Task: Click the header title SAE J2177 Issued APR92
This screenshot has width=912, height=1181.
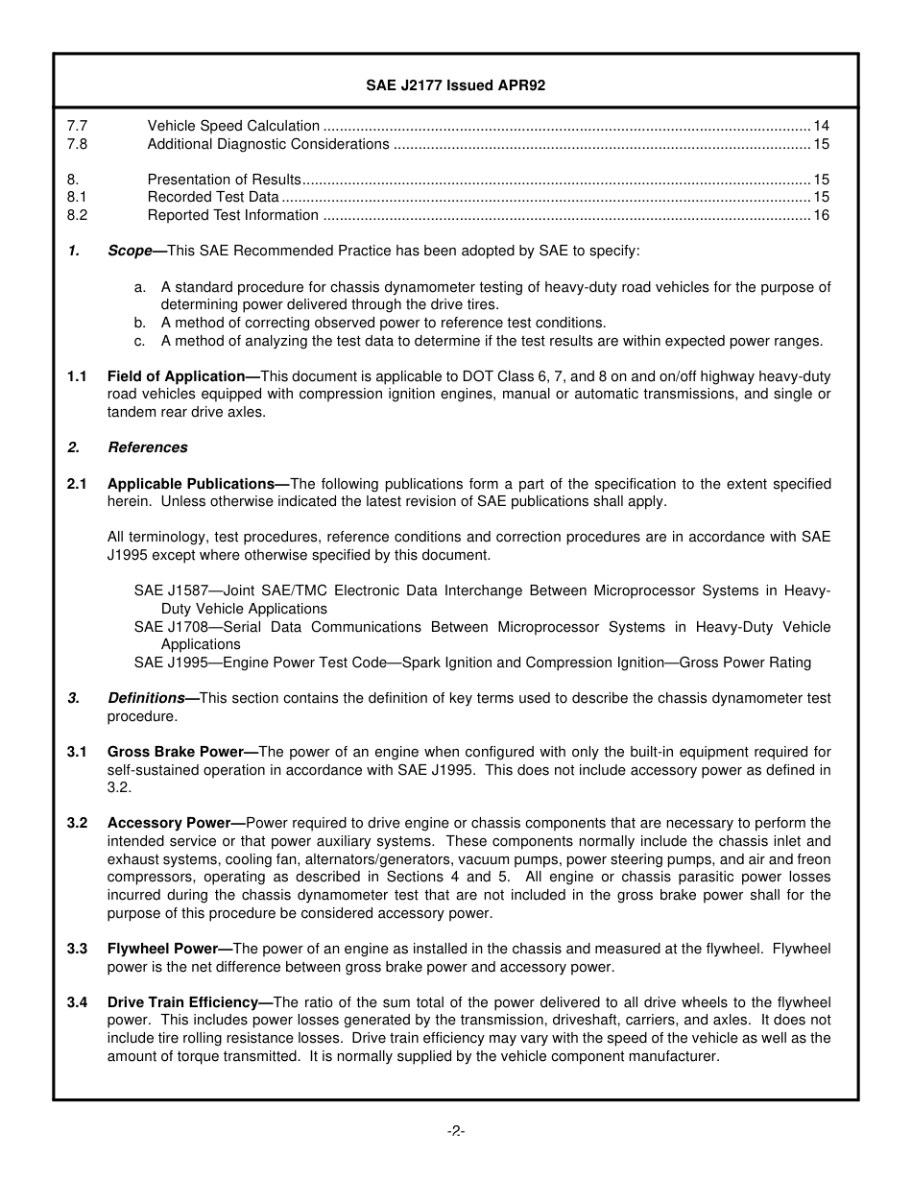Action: pyautogui.click(x=455, y=85)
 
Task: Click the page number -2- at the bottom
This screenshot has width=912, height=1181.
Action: pyautogui.click(x=455, y=1131)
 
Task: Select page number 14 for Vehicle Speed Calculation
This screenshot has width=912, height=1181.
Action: pyautogui.click(x=821, y=126)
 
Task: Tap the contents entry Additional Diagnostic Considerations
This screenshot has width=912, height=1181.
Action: pyautogui.click(x=268, y=144)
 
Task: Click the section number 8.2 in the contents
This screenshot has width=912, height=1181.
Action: pyautogui.click(x=77, y=215)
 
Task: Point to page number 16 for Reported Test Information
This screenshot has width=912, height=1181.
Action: pyautogui.click(x=821, y=215)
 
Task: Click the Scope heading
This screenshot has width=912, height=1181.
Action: pyautogui.click(x=131, y=251)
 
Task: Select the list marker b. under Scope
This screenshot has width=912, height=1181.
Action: pyautogui.click(x=140, y=323)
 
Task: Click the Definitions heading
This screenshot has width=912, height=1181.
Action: pyautogui.click(x=146, y=698)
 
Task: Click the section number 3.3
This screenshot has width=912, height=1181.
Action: pyautogui.click(x=77, y=949)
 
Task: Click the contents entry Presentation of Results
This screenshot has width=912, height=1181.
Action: pyautogui.click(x=224, y=180)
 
